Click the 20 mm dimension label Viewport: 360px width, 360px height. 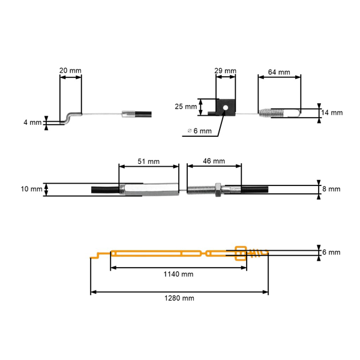click(x=70, y=70)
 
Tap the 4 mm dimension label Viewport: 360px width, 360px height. click(x=32, y=122)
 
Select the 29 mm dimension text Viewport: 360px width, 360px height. click(x=225, y=70)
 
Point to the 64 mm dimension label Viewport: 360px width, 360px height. click(x=279, y=72)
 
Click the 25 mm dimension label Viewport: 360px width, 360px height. click(x=186, y=107)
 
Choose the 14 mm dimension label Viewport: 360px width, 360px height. click(x=332, y=113)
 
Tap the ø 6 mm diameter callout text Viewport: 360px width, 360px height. click(x=199, y=131)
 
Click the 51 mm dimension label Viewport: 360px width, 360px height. click(x=149, y=161)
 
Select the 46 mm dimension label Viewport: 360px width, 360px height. click(x=214, y=161)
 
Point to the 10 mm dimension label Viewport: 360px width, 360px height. click(x=31, y=189)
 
